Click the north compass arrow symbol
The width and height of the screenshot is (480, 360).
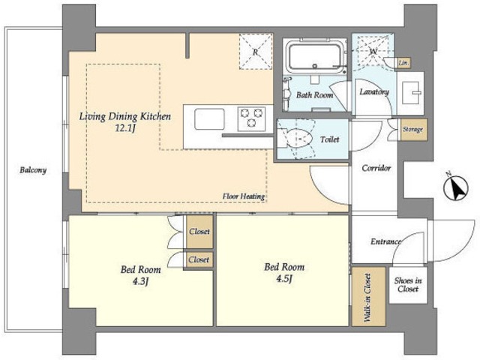point(456,188)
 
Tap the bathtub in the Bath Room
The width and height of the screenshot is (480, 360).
point(315,56)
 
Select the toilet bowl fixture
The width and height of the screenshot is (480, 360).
point(296,139)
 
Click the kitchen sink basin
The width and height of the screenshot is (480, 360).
point(210,118)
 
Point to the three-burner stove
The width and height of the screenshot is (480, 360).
point(252,118)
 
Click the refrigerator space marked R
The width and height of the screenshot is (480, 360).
point(256,52)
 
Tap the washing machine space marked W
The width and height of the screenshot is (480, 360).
point(373,51)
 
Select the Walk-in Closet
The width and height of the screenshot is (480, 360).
point(368,296)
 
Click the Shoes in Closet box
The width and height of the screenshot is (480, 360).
point(408,285)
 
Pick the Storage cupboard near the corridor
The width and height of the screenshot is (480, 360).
point(413,130)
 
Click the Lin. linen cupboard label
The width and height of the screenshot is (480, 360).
point(403,63)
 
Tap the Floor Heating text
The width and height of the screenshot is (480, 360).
point(243,196)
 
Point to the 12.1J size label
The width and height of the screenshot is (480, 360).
point(124,128)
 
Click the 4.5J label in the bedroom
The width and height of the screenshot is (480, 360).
point(283,278)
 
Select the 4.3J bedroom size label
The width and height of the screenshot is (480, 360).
point(140,281)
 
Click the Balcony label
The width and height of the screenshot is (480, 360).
point(33,170)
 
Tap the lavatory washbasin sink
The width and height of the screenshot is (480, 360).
point(411,93)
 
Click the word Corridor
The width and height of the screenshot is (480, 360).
point(376,168)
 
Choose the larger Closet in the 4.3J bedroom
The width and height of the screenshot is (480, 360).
point(199,232)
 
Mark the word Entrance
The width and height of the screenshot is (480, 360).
point(385,241)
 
